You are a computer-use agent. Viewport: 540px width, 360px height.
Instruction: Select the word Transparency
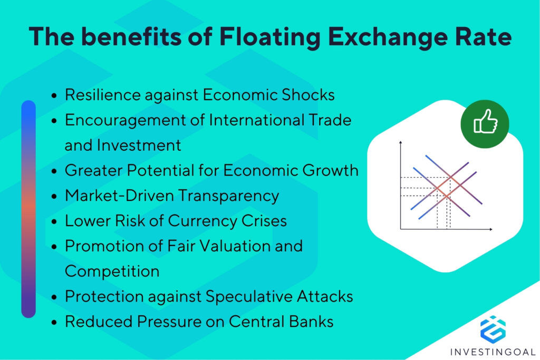228,196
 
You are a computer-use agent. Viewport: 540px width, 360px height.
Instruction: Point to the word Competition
112,271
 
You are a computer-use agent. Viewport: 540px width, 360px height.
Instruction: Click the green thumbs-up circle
485,124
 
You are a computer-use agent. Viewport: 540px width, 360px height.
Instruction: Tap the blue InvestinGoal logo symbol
493,328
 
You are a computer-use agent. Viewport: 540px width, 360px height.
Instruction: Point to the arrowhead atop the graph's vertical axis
401,143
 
